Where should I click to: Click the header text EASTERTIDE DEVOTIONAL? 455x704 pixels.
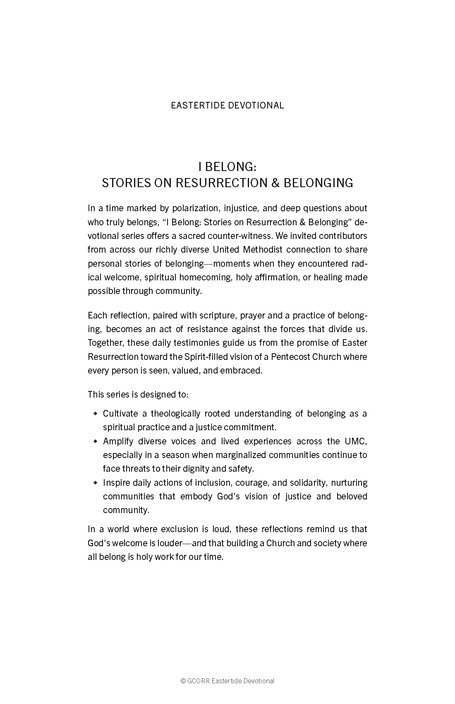(227, 105)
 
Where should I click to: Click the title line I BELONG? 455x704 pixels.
(227, 167)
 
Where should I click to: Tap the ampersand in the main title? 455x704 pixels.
(275, 183)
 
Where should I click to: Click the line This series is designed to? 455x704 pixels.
(138, 394)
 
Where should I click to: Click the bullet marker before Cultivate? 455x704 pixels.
(96, 413)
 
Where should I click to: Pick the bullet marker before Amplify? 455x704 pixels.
(96, 441)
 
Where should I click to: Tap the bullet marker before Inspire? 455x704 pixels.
(96, 482)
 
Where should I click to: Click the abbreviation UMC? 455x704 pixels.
(356, 441)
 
